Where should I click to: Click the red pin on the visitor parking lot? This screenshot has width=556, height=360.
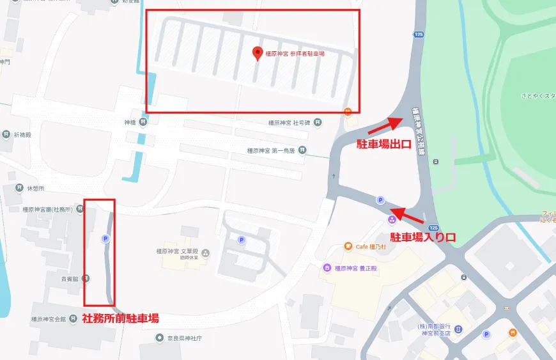[x=258, y=54]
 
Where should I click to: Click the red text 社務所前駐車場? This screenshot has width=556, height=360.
[x=120, y=318]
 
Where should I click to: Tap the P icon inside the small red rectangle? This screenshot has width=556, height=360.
[x=105, y=239]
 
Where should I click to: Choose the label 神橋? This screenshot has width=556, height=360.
[x=130, y=121]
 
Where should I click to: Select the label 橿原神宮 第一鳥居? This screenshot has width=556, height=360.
[x=272, y=151]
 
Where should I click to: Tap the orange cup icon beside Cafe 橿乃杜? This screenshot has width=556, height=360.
[x=347, y=246]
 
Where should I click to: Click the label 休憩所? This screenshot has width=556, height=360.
[x=36, y=188]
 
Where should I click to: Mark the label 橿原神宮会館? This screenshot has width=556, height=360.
[x=49, y=319]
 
